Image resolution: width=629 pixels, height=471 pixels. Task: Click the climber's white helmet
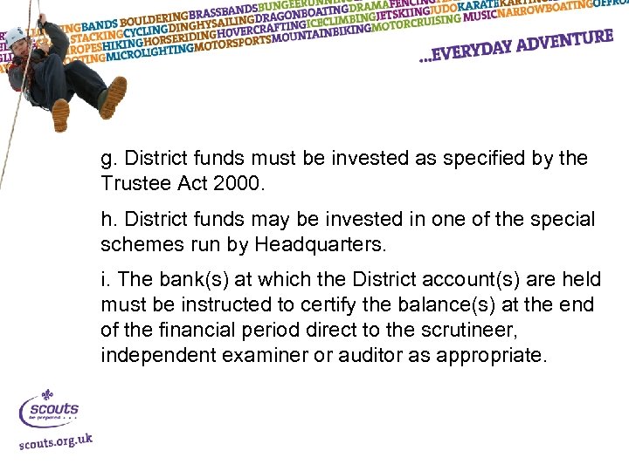[17, 36]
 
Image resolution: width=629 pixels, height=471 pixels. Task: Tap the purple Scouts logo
[49, 408]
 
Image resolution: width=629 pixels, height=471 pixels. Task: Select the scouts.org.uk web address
[55, 442]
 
